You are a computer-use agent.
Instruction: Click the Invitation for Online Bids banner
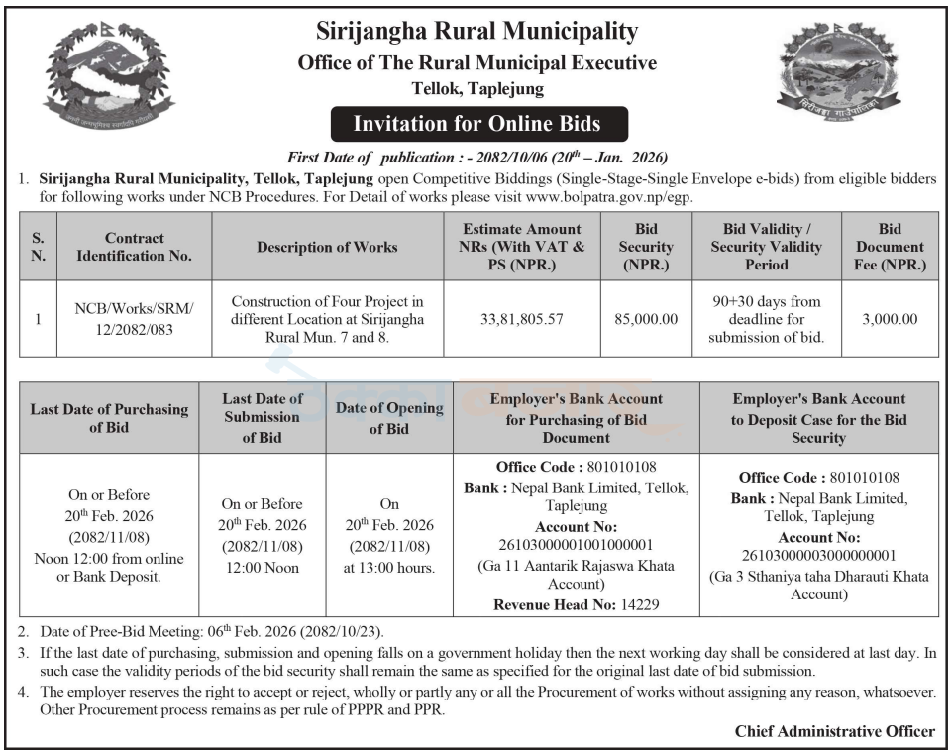tap(477, 125)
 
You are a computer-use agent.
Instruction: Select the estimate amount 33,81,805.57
tap(520, 319)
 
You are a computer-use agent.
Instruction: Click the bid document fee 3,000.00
tap(889, 319)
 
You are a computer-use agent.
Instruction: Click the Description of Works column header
tap(327, 247)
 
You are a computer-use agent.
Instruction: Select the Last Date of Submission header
tap(263, 418)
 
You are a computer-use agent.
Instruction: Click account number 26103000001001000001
tap(576, 546)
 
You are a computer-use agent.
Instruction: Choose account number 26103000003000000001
tap(818, 556)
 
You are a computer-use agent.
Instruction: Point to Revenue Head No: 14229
tap(576, 603)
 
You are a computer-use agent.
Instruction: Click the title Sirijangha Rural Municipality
tap(476, 32)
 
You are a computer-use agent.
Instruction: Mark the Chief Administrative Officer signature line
tap(834, 731)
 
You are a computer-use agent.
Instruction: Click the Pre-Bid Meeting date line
tap(212, 631)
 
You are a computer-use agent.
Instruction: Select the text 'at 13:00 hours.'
tap(389, 568)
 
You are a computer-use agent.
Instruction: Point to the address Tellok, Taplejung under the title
tap(477, 89)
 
